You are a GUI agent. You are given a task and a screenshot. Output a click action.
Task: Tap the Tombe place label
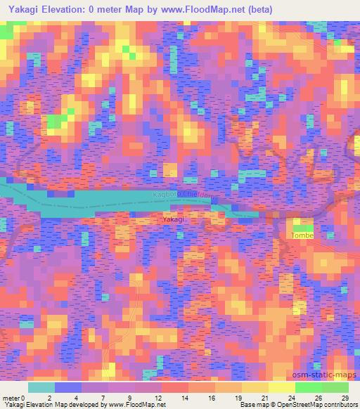coord(302,235)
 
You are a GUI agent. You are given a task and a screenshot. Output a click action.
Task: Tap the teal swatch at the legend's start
coord(41,387)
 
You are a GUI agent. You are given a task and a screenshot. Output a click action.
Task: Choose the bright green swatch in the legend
coord(308,387)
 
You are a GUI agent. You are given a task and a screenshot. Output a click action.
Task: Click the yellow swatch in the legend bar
coord(281,387)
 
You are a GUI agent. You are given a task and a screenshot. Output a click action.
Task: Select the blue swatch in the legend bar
coord(68,387)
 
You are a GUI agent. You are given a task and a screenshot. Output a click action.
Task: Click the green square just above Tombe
coord(302,225)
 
